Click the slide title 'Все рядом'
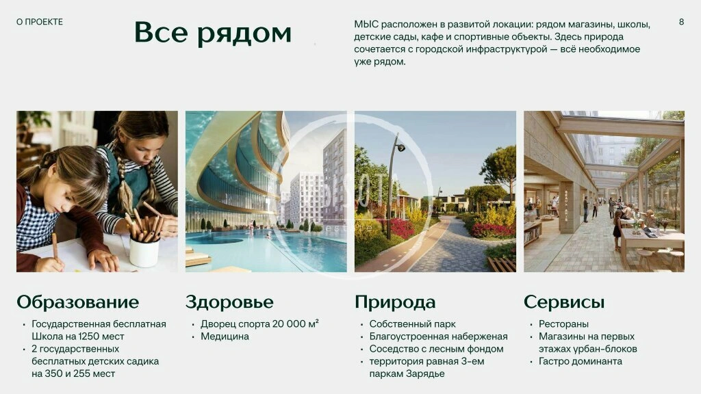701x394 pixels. pos(213,33)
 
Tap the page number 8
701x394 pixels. pos(681,22)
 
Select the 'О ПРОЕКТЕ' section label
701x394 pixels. pos(39,22)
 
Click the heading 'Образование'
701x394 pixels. pos(78,302)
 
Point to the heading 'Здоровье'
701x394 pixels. pos(229,302)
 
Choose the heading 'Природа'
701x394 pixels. pos(395,302)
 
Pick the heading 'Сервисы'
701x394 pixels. pos(564,302)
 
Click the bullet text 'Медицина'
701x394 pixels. pos(225,337)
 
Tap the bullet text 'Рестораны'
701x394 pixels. pos(563,324)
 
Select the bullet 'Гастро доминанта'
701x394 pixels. pos(581,361)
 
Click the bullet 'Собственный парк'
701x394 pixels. pos(412,324)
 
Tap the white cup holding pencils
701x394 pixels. pos(144,252)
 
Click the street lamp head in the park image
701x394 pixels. pos(400,147)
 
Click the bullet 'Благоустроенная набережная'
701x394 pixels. pos(438,337)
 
